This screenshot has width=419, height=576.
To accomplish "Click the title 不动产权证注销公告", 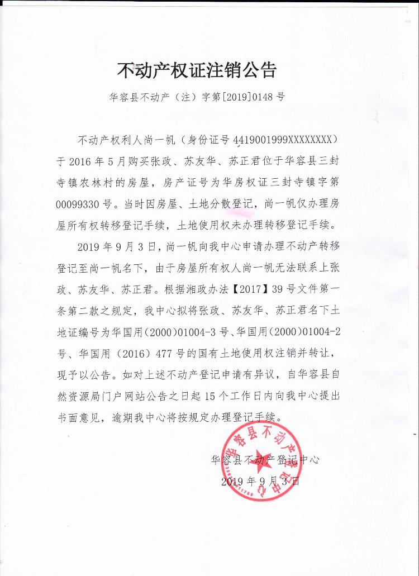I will [197, 71].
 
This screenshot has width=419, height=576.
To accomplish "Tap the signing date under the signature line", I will [260, 482].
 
